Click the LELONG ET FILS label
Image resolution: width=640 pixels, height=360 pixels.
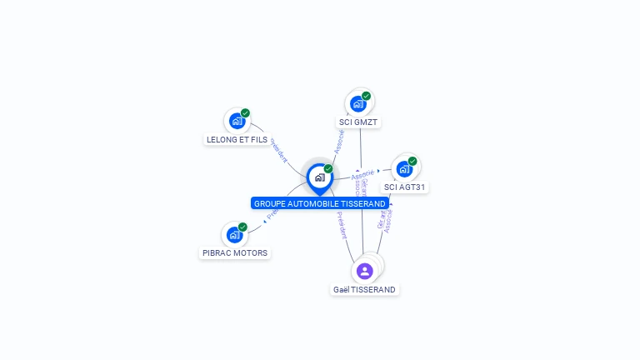(237, 140)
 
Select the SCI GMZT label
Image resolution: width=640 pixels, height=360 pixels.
(358, 122)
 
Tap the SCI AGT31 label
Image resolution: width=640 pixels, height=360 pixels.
(405, 187)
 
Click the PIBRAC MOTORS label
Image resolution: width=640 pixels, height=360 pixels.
(235, 252)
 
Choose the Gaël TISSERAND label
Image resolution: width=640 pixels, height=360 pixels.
(364, 289)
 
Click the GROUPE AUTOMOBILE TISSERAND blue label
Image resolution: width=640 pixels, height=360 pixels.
(320, 203)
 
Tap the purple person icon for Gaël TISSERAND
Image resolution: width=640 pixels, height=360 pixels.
(364, 271)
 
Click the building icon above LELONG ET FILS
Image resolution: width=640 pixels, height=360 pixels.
(237, 121)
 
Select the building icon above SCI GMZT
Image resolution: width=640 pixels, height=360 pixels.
(357, 104)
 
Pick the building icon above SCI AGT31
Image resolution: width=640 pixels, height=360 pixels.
(404, 169)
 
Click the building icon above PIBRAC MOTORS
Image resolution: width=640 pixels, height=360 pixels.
(234, 235)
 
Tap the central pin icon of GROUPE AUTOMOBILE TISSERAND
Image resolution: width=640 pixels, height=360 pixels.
(319, 177)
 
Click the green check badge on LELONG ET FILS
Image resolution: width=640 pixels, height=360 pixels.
(245, 113)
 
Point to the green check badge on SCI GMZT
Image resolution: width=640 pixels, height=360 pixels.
(366, 96)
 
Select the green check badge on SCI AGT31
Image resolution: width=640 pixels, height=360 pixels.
(412, 161)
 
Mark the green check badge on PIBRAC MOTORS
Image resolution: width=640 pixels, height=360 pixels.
(242, 227)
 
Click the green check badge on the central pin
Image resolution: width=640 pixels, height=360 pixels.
(328, 168)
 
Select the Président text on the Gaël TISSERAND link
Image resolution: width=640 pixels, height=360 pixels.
(342, 225)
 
